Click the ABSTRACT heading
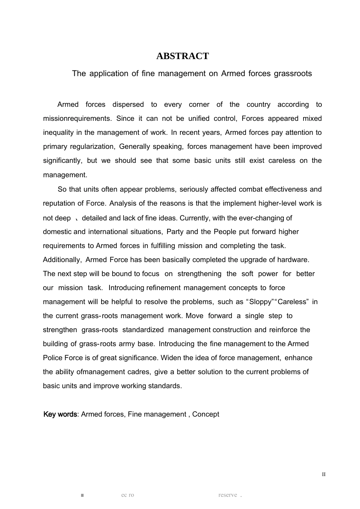click(182, 56)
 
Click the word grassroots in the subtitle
click(293, 73)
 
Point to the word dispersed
click(128, 105)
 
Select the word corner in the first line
click(199, 105)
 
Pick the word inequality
click(59, 133)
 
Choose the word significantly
click(62, 161)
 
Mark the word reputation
click(60, 203)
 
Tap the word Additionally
click(62, 260)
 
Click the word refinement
click(163, 288)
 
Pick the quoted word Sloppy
click(261, 302)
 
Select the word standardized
click(143, 330)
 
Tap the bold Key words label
click(60, 414)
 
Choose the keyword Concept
click(205, 414)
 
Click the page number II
click(324, 475)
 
